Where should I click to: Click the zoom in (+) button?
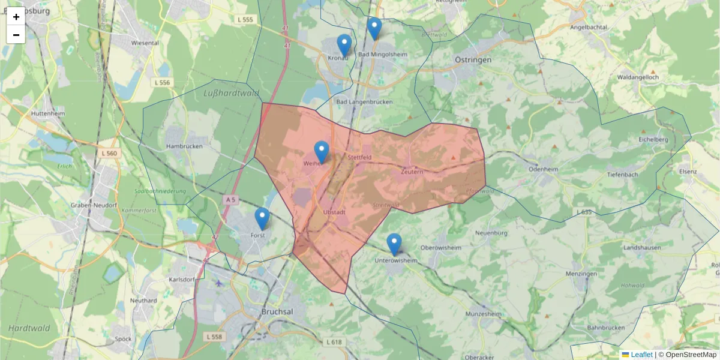pyautogui.click(x=16, y=17)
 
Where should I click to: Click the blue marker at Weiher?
pyautogui.click(x=322, y=151)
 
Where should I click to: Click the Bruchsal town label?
pyautogui.click(x=277, y=312)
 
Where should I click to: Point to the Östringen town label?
pyautogui.click(x=473, y=60)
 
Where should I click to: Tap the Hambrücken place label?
pyautogui.click(x=181, y=146)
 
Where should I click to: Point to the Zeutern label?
pyautogui.click(x=412, y=172)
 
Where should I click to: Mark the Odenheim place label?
pyautogui.click(x=543, y=169)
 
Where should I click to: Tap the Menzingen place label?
pyautogui.click(x=581, y=274)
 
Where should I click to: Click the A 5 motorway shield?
pyautogui.click(x=231, y=199)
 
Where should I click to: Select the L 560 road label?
pyautogui.click(x=110, y=154)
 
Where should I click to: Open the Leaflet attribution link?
pyautogui.click(x=641, y=355)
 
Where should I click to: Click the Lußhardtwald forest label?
pyautogui.click(x=231, y=93)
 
